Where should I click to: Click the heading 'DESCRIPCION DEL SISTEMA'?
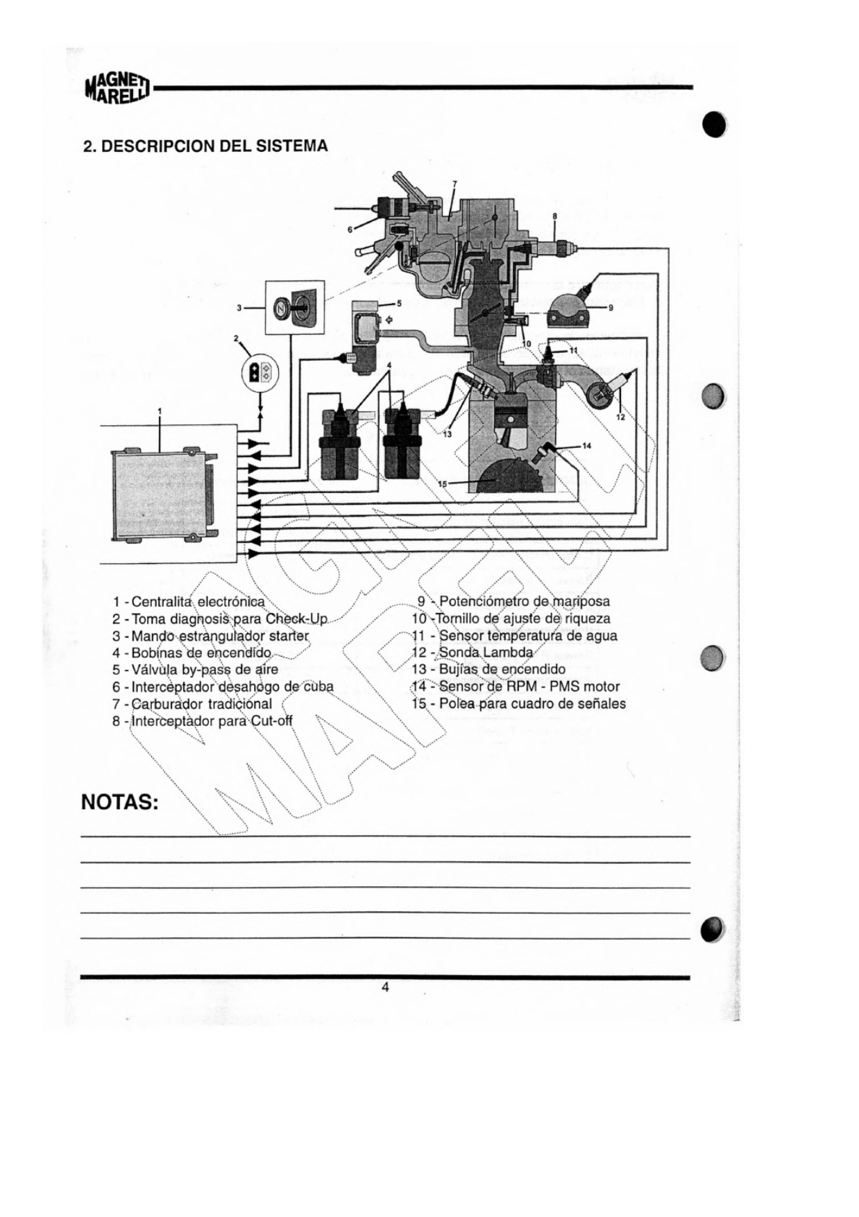(205, 146)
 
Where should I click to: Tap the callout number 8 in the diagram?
(554, 216)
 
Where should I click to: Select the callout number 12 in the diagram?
(620, 417)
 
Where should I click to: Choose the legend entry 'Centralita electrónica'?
(189, 601)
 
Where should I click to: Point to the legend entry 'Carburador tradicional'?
(192, 704)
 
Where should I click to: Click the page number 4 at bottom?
(385, 987)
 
